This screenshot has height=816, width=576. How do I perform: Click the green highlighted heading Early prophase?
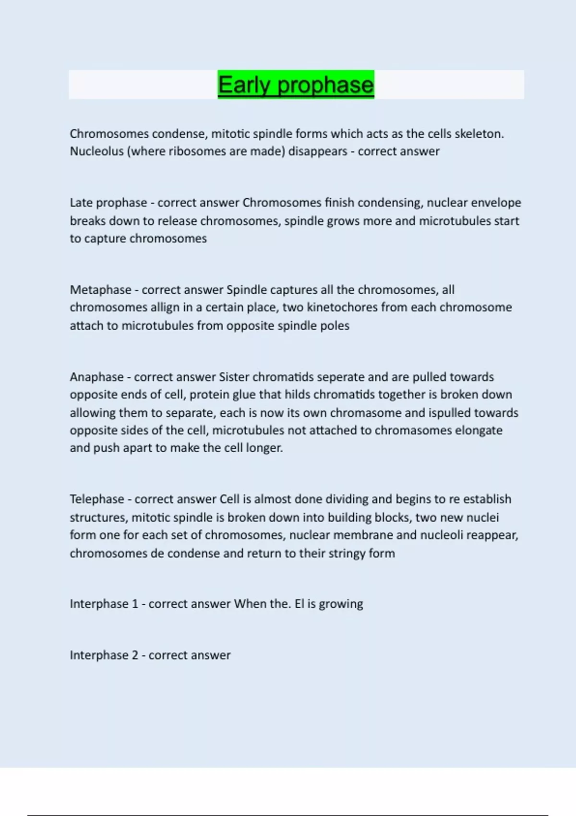click(296, 85)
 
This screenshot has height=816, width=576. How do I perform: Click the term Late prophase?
click(108, 203)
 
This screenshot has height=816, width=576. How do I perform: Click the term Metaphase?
click(100, 290)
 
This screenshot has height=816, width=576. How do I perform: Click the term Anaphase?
click(96, 377)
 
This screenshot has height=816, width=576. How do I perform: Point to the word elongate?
click(478, 430)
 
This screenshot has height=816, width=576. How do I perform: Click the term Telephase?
click(97, 499)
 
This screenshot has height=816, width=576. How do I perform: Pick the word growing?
click(341, 604)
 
